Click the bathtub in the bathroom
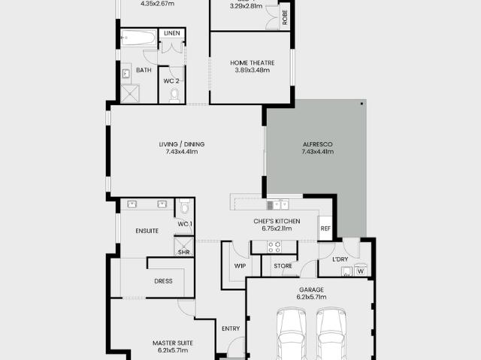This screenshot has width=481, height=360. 138,38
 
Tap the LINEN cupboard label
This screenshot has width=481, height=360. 172,33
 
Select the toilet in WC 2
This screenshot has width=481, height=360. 174,95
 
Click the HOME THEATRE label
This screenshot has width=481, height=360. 253,63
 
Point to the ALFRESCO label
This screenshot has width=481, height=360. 317,144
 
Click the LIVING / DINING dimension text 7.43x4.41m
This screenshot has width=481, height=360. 182,152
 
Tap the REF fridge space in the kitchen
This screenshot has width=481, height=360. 325,228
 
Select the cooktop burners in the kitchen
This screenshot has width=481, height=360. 274,247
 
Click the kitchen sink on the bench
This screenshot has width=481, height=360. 277,205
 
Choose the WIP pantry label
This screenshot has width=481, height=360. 240,266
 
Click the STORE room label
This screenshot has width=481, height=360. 283,266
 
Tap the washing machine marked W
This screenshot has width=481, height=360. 361,271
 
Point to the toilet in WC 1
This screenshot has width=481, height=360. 184,207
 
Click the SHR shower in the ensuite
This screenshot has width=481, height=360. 184,247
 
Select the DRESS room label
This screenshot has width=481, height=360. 163,281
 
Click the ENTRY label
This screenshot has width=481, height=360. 231,328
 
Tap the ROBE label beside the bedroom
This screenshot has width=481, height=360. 285,17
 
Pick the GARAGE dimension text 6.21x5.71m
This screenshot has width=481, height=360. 311,297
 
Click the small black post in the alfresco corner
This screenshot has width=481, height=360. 362,104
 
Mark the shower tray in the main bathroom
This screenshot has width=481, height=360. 130,94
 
